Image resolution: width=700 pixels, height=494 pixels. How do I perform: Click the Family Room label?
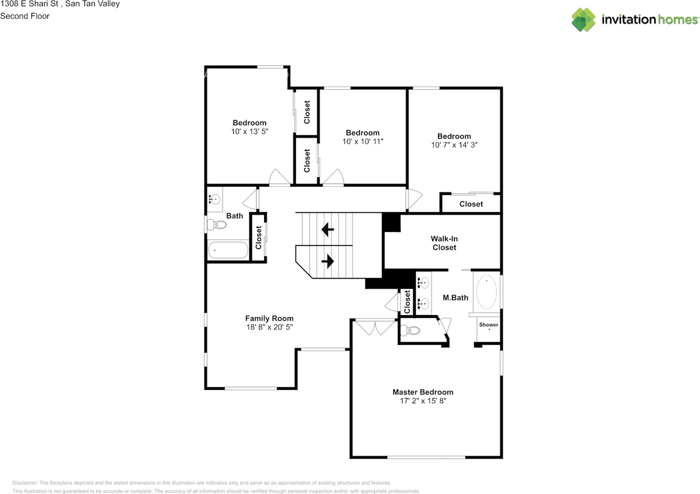coord(269,318)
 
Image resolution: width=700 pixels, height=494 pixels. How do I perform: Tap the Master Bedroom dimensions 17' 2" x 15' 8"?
coord(423,401)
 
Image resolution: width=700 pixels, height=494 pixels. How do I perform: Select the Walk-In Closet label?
coord(444,243)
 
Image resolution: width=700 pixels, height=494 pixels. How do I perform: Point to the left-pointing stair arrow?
coord(328,229)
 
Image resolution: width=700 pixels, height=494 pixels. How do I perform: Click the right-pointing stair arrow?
coord(328,261)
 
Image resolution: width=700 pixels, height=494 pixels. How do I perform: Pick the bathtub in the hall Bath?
coord(228,250)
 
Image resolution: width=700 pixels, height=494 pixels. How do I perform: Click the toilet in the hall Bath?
coord(217,225)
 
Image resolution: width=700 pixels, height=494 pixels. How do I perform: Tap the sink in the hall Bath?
coord(214,199)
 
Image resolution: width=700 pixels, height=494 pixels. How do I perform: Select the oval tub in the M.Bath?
coord(486,292)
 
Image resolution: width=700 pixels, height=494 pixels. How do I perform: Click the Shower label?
coord(488,325)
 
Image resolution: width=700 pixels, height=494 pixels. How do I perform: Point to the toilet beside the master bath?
coord(410,330)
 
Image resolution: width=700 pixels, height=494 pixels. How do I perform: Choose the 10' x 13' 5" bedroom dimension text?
coord(249,131)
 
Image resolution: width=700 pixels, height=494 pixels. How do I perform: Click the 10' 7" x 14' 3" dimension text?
coord(454,145)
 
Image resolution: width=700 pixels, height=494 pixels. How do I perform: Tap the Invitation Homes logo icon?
coord(584,20)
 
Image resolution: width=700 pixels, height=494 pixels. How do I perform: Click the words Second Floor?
coord(25,16)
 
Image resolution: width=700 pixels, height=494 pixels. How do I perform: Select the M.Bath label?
coord(456,298)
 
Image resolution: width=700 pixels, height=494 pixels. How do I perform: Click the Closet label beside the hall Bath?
coord(259,238)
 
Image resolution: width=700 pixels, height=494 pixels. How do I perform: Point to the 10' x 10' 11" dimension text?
coord(363,141)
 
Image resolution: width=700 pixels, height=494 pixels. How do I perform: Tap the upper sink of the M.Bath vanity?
coord(423,283)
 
